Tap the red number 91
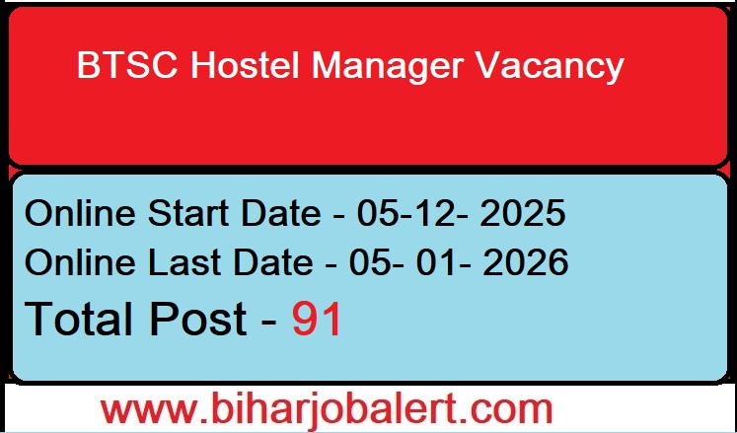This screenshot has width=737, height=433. tap(317, 319)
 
